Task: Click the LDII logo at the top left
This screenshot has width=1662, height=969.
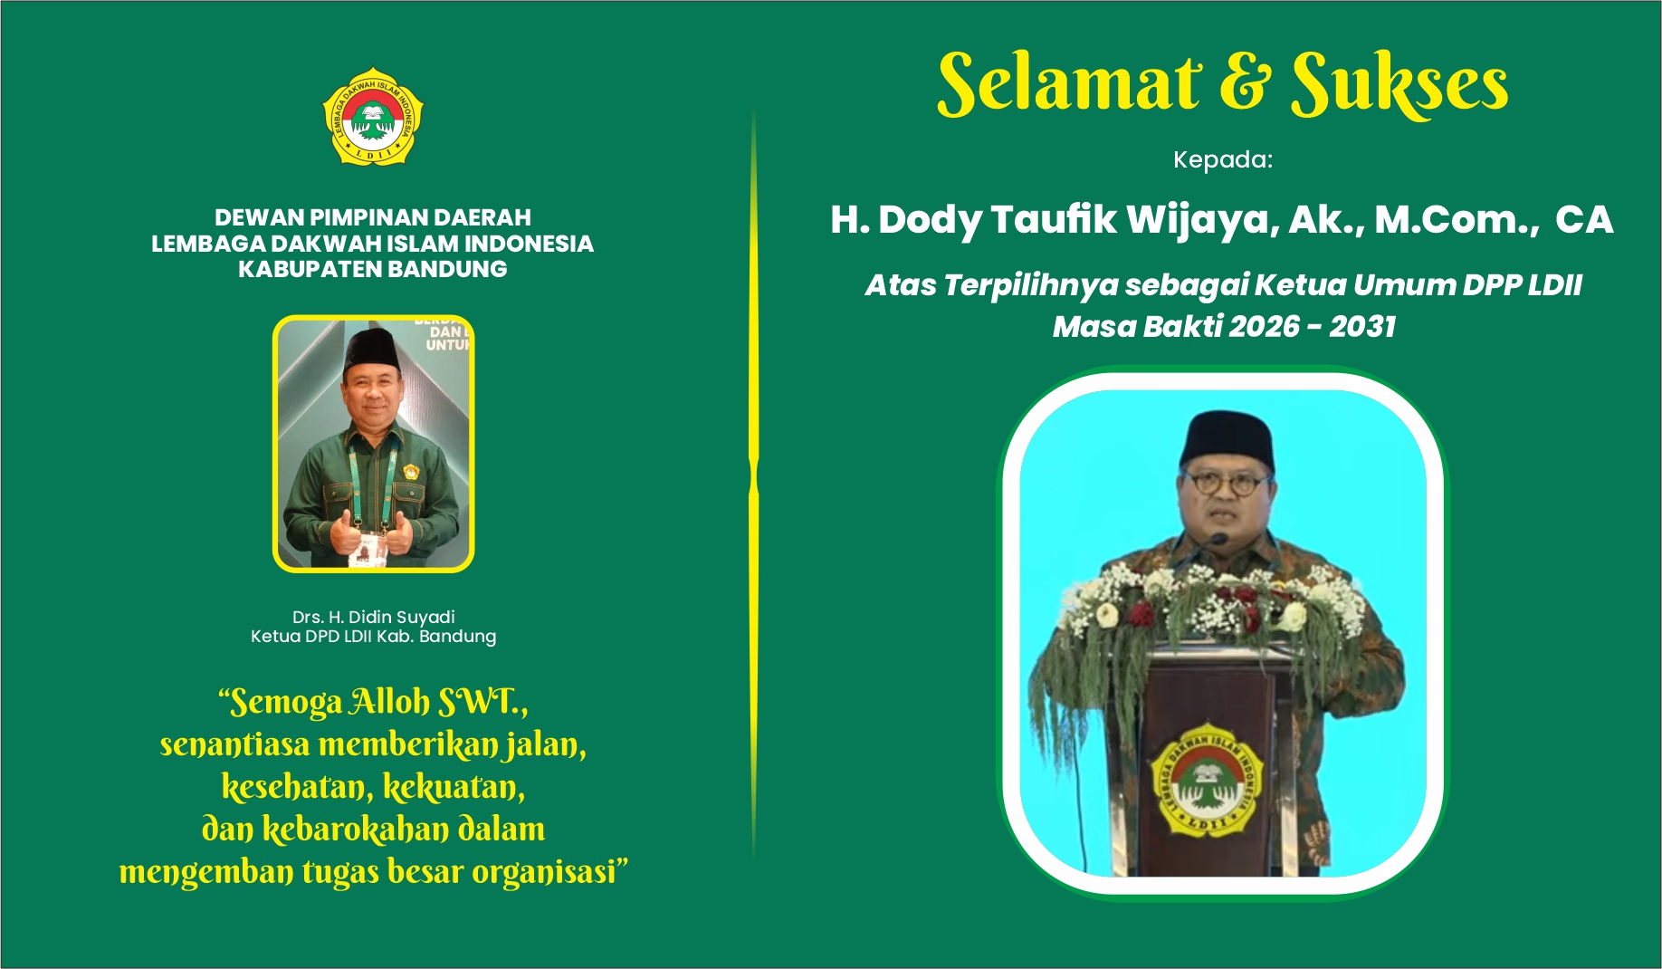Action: pyautogui.click(x=373, y=117)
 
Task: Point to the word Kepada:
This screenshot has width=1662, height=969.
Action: pyautogui.click(x=1222, y=160)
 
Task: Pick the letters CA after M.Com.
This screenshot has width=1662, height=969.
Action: pyautogui.click(x=1583, y=220)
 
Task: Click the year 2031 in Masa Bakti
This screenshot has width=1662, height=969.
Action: pyautogui.click(x=1362, y=326)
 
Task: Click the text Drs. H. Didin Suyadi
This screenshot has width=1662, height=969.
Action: pyautogui.click(x=373, y=617)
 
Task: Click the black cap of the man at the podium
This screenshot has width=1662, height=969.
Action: pyautogui.click(x=1227, y=439)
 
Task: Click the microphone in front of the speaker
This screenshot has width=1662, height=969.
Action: pyautogui.click(x=1218, y=540)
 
